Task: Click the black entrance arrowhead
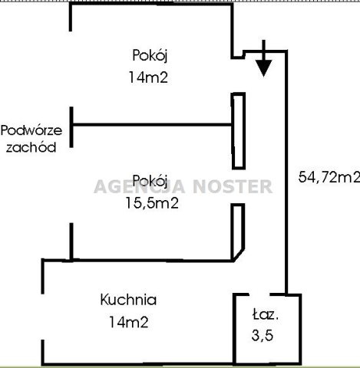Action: click(x=263, y=67)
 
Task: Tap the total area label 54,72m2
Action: click(x=329, y=177)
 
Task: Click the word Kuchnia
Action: click(x=128, y=300)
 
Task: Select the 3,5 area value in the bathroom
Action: click(x=263, y=335)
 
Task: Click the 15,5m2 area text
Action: click(x=152, y=203)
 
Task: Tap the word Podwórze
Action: click(x=31, y=130)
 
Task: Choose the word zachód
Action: click(x=31, y=147)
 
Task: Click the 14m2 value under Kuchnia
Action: click(x=129, y=322)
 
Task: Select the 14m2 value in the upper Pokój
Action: click(x=148, y=77)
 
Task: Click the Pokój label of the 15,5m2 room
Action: click(x=150, y=181)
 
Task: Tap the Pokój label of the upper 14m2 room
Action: click(x=150, y=55)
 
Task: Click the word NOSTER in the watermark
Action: click(x=233, y=186)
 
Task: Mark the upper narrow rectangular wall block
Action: click(x=239, y=131)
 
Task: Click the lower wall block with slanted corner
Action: click(x=237, y=232)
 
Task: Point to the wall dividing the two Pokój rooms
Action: click(x=152, y=125)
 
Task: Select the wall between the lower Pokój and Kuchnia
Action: click(x=138, y=261)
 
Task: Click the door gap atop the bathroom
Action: click(x=259, y=294)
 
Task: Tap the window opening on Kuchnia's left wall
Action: click(x=43, y=317)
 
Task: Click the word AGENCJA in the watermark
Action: click(x=140, y=186)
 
